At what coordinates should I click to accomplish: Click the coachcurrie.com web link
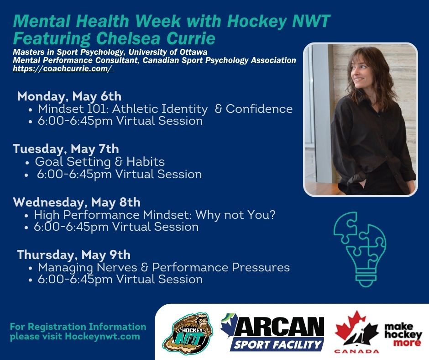(x=63, y=69)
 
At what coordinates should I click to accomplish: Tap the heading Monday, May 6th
(x=69, y=96)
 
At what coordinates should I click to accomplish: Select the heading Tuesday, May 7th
(x=66, y=149)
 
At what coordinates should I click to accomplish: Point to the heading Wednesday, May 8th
(x=77, y=202)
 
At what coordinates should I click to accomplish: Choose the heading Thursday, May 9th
(x=74, y=255)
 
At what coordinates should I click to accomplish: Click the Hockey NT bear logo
(x=188, y=334)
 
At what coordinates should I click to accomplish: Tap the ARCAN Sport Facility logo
(x=272, y=333)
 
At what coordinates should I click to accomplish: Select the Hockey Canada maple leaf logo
(x=356, y=332)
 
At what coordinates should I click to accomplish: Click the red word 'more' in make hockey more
(x=407, y=343)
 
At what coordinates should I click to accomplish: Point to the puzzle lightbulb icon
(x=360, y=249)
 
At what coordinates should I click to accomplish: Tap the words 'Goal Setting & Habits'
(x=100, y=162)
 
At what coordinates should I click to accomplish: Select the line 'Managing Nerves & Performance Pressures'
(x=164, y=268)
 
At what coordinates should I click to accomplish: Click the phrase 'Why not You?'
(x=235, y=215)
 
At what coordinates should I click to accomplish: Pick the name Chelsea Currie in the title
(x=156, y=38)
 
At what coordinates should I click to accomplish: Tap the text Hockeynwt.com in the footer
(x=102, y=336)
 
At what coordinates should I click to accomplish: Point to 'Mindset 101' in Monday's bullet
(x=73, y=109)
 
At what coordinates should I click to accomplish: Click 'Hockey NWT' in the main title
(x=278, y=21)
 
